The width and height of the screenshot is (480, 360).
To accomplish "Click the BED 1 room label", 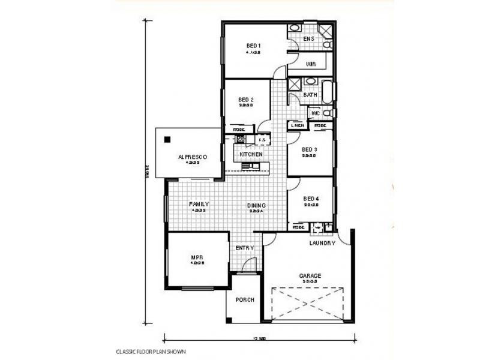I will click(x=253, y=46).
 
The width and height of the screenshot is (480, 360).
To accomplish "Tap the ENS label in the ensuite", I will click(x=308, y=40).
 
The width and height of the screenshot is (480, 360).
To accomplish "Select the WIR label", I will click(x=311, y=64).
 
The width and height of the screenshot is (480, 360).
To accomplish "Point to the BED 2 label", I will click(x=246, y=100).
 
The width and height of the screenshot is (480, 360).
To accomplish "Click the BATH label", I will click(x=310, y=95).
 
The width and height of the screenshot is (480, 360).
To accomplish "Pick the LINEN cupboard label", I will click(x=298, y=125).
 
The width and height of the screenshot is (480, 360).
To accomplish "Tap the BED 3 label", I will click(x=309, y=149).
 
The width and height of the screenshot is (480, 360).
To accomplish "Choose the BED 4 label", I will click(x=310, y=199).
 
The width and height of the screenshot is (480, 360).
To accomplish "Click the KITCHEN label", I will click(x=251, y=155).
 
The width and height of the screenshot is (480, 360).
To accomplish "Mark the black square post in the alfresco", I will click(x=167, y=140).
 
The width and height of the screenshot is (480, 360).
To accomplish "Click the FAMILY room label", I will click(x=199, y=204).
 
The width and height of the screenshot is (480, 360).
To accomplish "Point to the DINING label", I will click(x=257, y=206).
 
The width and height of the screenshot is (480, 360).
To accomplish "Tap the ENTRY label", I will click(x=245, y=248).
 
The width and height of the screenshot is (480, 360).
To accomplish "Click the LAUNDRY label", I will click(x=322, y=243).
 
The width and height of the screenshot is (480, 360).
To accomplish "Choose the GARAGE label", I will click(x=310, y=276).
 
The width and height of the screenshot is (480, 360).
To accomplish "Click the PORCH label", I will click(x=245, y=299).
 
